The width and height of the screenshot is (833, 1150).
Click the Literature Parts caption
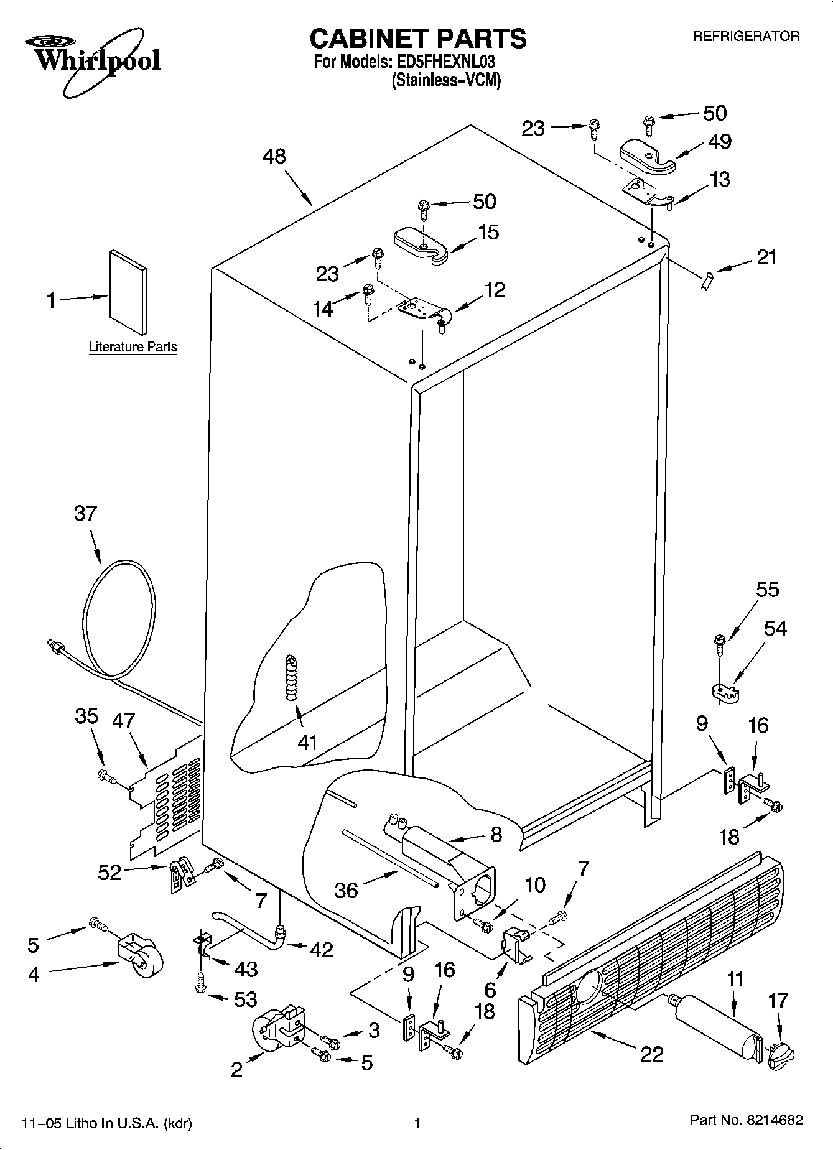pyautogui.click(x=133, y=347)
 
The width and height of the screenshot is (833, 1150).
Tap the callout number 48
pyautogui.click(x=274, y=156)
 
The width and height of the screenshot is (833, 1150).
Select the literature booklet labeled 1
pyautogui.click(x=129, y=292)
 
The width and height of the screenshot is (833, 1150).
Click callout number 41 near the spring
pyautogui.click(x=307, y=742)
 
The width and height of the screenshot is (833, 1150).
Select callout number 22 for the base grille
pyautogui.click(x=651, y=1054)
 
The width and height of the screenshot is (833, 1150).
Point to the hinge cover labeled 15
pyautogui.click(x=422, y=244)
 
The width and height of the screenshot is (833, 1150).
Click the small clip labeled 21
pyautogui.click(x=705, y=282)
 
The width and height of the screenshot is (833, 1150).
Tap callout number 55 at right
pyautogui.click(x=767, y=590)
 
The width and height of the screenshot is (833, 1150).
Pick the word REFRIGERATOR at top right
pyautogui.click(x=747, y=37)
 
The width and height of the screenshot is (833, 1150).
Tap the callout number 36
pyautogui.click(x=346, y=890)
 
